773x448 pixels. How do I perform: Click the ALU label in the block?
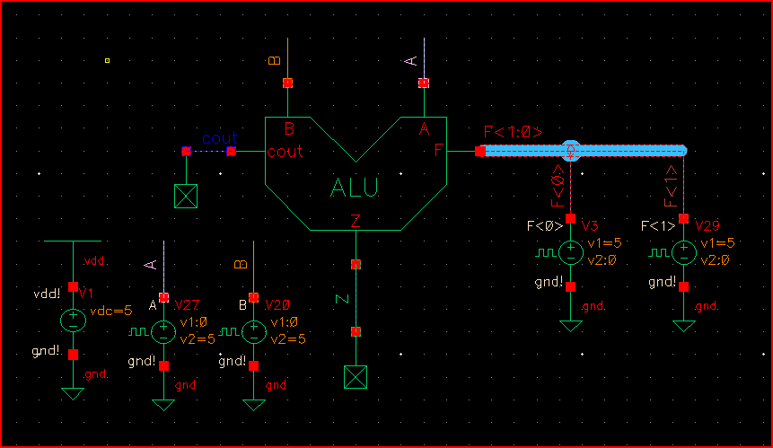tap(355, 188)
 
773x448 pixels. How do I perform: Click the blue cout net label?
tap(219, 138)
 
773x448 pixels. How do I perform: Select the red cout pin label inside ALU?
tap(285, 152)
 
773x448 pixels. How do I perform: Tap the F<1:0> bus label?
tap(513, 132)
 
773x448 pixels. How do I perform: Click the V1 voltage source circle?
tap(73, 320)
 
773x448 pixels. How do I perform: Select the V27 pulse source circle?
tap(163, 331)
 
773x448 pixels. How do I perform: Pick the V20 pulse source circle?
tap(255, 331)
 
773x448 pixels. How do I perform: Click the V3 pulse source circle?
tap(570, 252)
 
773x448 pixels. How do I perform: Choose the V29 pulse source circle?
tap(684, 252)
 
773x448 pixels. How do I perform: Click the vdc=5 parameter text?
tap(111, 312)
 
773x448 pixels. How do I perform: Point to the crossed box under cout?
tap(186, 196)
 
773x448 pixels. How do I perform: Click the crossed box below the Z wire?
tap(356, 378)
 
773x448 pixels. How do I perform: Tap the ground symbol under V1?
tap(73, 393)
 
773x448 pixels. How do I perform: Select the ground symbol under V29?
tap(684, 325)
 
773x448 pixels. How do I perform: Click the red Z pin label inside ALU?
tap(356, 222)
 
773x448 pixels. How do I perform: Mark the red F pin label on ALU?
tap(440, 150)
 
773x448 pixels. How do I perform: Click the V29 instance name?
tap(707, 224)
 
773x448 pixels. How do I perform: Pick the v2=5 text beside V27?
tap(198, 339)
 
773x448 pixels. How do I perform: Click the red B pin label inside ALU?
tap(289, 128)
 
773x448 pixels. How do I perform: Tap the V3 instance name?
tap(590, 224)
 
